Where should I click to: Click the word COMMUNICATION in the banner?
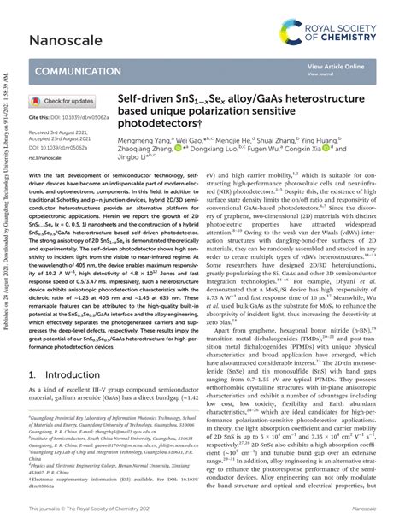pos(75,73)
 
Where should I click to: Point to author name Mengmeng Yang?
pos(144,139)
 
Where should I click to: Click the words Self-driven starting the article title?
pos(145,99)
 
